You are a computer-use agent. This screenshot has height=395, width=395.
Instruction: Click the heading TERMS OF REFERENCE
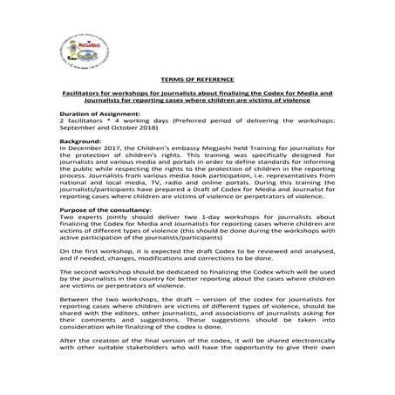[x=198, y=78]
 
